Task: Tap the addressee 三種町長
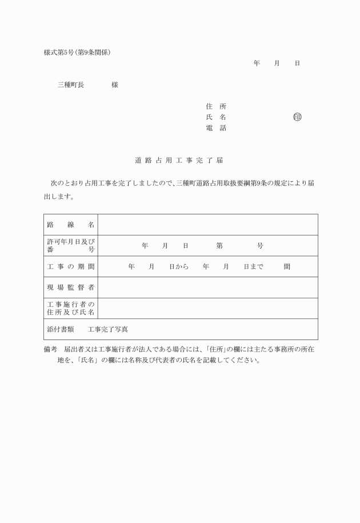[x=71, y=85]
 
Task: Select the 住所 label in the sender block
[x=215, y=106]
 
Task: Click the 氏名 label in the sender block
[x=215, y=117]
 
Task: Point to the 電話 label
[x=215, y=128]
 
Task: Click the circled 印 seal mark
[x=297, y=117]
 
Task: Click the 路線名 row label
[x=71, y=225]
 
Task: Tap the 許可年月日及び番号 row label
[x=71, y=246]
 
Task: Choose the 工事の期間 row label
[x=71, y=267]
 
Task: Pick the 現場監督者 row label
[x=71, y=288]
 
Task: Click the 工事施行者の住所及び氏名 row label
[x=71, y=309]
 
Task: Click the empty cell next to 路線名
[x=208, y=225]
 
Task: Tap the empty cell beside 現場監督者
[x=208, y=288]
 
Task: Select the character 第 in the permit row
[x=219, y=246]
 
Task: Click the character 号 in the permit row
[x=260, y=246]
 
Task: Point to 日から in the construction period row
[x=178, y=267]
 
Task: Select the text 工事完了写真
[x=108, y=329]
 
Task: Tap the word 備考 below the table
[x=51, y=348]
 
